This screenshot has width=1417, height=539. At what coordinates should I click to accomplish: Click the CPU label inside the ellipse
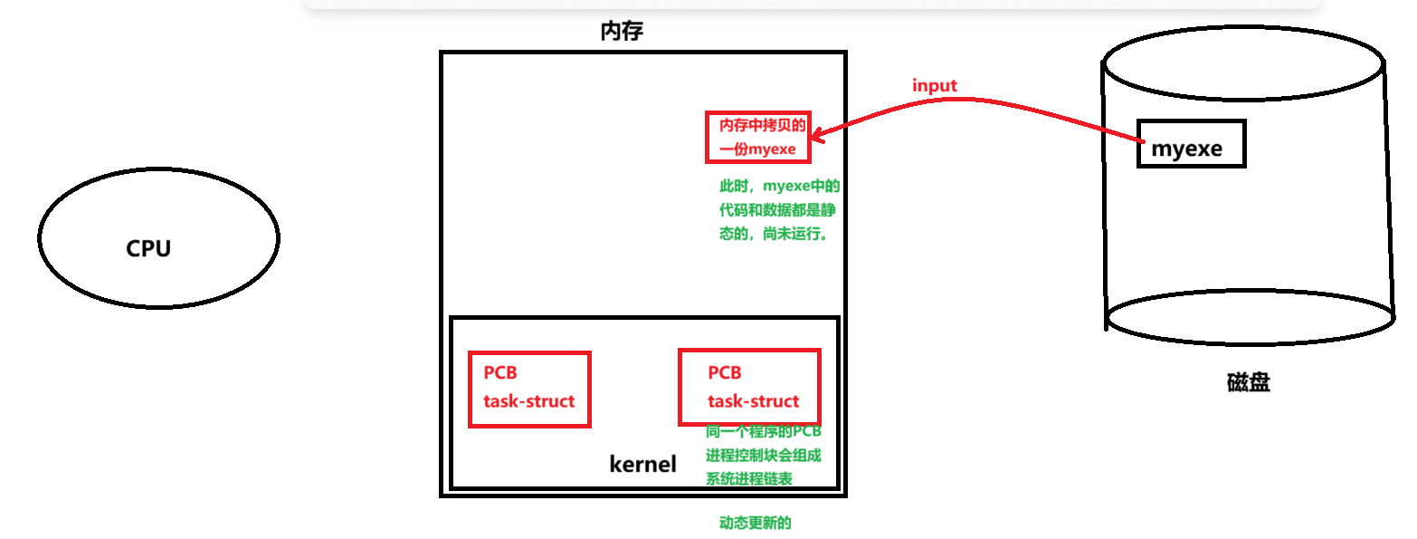pyautogui.click(x=148, y=248)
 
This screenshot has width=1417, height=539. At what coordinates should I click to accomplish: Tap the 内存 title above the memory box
pyautogui.click(x=622, y=32)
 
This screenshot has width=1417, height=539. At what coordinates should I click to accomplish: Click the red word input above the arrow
pyautogui.click(x=935, y=86)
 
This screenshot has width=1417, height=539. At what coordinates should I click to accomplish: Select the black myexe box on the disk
pyautogui.click(x=1191, y=144)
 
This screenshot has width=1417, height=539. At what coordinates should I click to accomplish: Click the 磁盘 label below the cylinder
pyautogui.click(x=1249, y=382)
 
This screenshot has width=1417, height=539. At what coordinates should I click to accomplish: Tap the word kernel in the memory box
pyautogui.click(x=642, y=465)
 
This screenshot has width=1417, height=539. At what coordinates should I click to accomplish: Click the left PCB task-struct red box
pyautogui.click(x=529, y=389)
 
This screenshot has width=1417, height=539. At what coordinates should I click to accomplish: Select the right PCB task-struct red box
pyautogui.click(x=749, y=387)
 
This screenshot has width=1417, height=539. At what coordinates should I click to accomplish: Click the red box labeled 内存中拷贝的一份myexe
pyautogui.click(x=758, y=137)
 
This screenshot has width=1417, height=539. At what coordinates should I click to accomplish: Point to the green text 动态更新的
pyautogui.click(x=756, y=523)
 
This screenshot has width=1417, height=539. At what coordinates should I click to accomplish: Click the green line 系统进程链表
pyautogui.click(x=749, y=479)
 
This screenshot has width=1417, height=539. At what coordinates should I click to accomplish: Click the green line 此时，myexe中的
pyautogui.click(x=779, y=188)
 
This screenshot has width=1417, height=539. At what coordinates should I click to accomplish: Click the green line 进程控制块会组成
pyautogui.click(x=764, y=455)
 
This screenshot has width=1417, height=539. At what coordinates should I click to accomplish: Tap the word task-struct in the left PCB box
pyautogui.click(x=529, y=401)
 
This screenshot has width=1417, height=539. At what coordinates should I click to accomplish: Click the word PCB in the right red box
pyautogui.click(x=725, y=372)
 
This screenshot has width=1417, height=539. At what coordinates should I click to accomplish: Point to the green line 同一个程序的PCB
pyautogui.click(x=764, y=431)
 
